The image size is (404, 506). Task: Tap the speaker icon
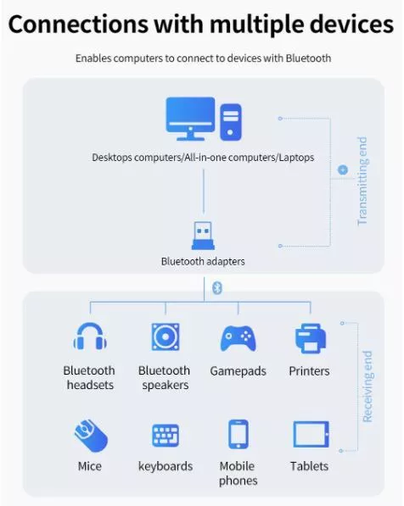166,336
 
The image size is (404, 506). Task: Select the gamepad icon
238,338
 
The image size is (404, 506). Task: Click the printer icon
311,338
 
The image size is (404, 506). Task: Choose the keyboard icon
166,436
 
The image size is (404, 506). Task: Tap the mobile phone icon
238,434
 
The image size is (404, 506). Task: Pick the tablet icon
311,434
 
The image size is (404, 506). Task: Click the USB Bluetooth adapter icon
204,236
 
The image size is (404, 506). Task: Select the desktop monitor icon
190,119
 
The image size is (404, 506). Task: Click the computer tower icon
231,122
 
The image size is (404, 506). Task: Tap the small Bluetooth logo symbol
217,288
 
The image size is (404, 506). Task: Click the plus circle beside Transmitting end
343,170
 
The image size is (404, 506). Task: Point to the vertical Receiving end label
368,386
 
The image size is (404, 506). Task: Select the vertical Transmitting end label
362,181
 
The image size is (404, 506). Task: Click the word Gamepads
238,371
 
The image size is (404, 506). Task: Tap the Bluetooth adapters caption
203,261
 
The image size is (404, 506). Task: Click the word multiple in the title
256,25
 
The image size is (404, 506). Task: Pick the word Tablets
309,466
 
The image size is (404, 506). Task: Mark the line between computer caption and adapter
204,192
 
